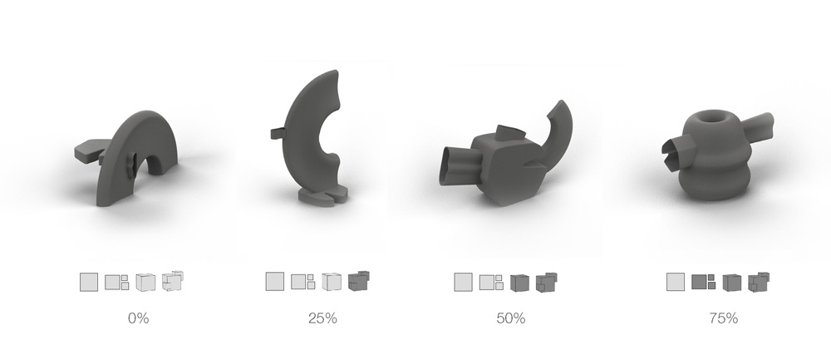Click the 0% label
(138, 318)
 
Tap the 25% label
(322, 318)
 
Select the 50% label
(511, 318)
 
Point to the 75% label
(724, 318)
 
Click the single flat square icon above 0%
(89, 282)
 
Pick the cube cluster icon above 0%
(173, 281)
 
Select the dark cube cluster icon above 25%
(359, 281)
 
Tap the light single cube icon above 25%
(332, 282)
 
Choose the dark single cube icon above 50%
(519, 283)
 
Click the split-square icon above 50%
(491, 282)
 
